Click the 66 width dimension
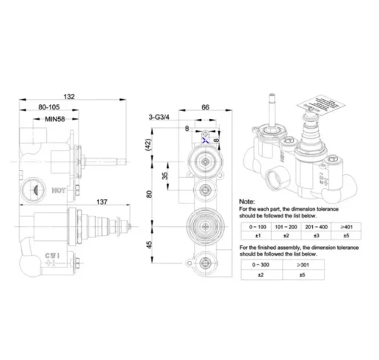(205, 107)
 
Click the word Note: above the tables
(250, 201)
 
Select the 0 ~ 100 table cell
(253, 227)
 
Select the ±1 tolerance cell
(253, 237)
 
